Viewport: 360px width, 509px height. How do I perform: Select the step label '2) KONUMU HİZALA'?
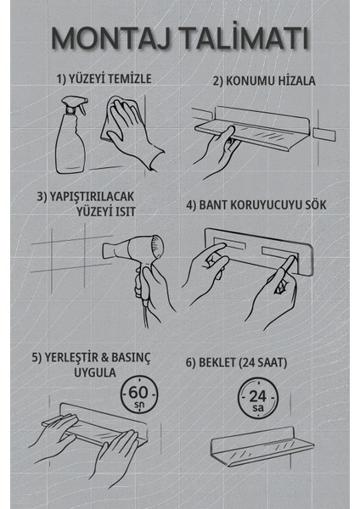point(263,81)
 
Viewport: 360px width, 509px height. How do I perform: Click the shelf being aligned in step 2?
point(255,127)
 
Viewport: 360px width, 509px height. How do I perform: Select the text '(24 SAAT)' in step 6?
point(259,362)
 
